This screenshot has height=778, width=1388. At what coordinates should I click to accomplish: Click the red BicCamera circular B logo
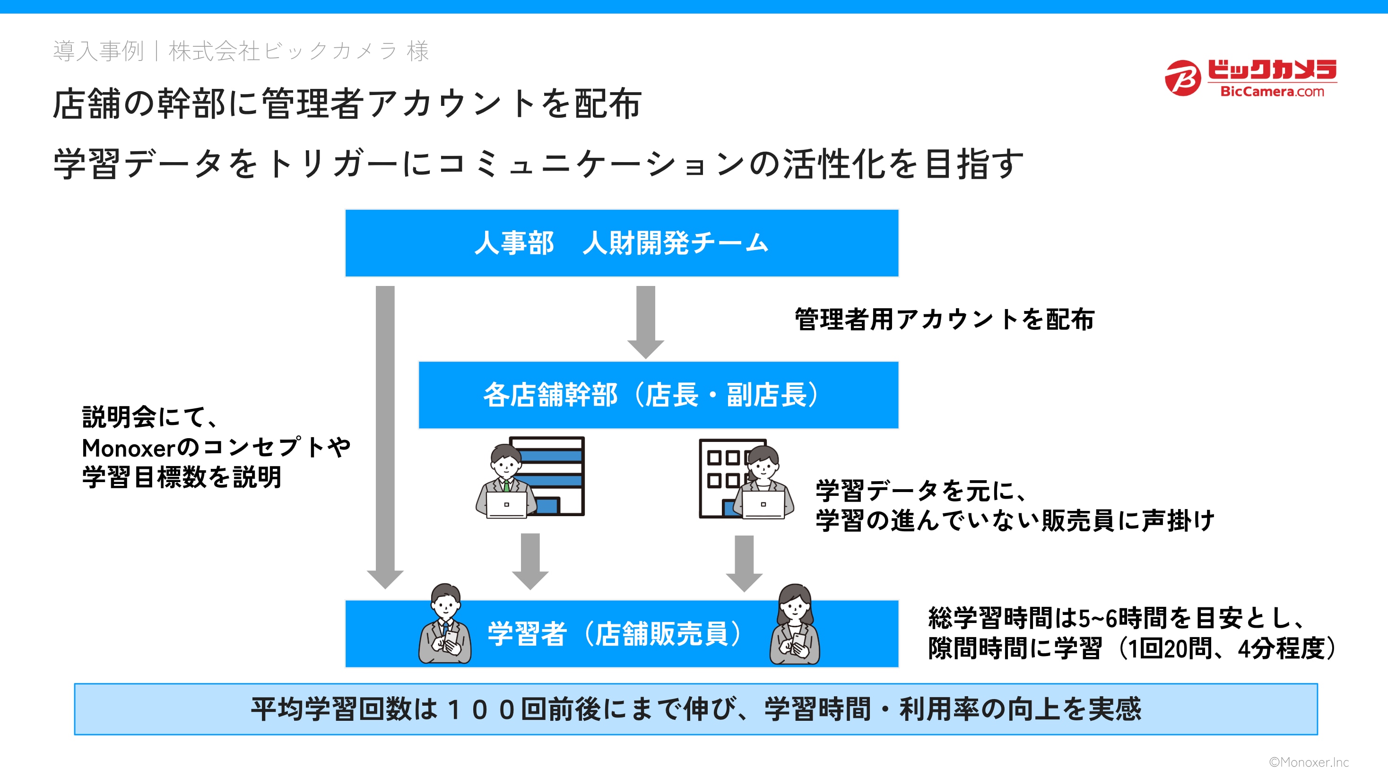coord(1182,78)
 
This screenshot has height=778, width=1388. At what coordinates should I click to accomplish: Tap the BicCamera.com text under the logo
coord(1272,92)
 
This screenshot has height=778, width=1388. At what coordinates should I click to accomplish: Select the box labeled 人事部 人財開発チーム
coord(621,243)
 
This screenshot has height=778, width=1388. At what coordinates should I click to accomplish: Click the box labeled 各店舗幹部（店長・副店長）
coord(658,395)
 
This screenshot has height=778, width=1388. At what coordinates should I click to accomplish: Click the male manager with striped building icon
coord(530,477)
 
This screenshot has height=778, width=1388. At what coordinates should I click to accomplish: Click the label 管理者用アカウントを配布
coord(944,320)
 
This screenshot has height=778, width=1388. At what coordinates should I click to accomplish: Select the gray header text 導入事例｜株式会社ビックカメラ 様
coord(241,51)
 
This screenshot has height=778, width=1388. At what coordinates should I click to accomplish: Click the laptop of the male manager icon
coord(506,505)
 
